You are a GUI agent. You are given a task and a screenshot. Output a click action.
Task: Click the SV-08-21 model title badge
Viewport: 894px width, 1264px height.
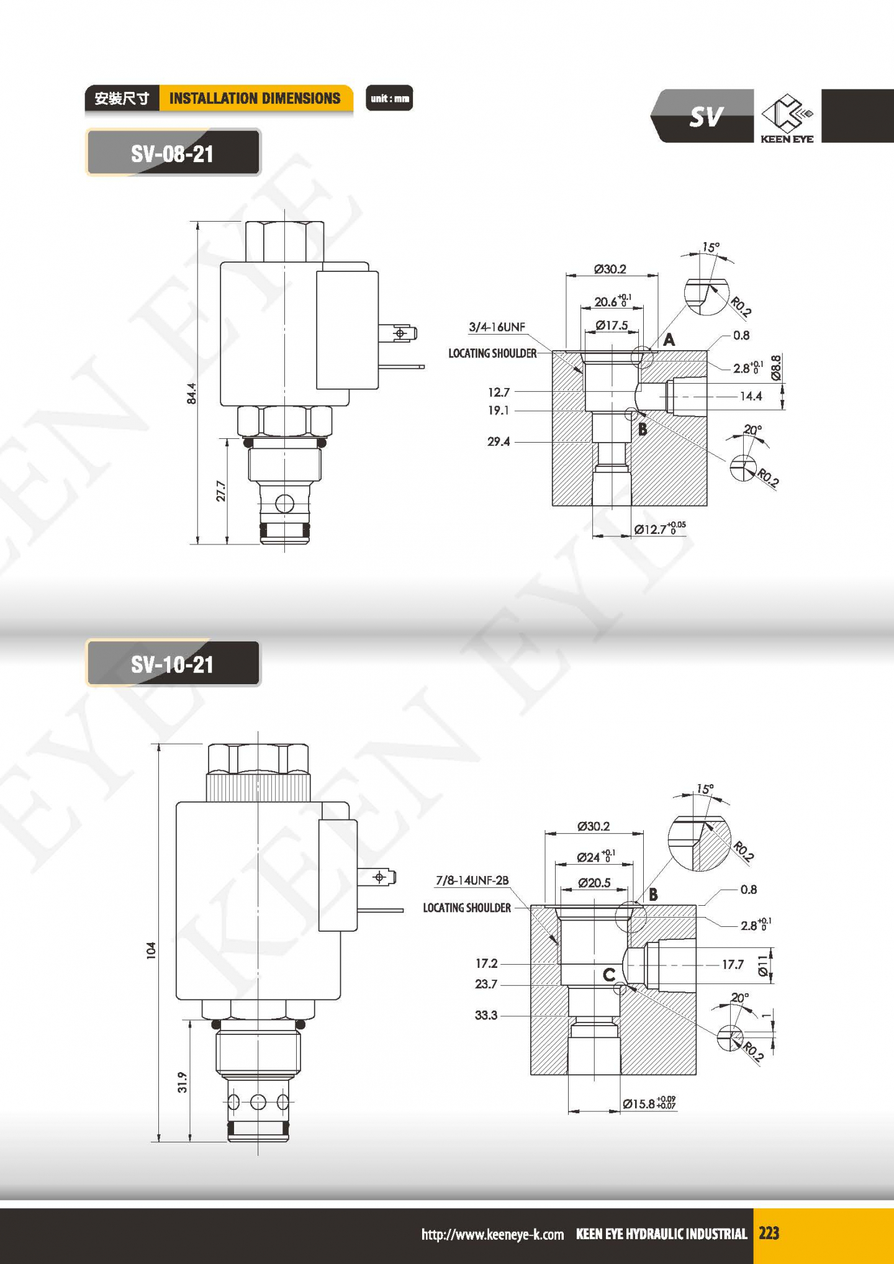173,153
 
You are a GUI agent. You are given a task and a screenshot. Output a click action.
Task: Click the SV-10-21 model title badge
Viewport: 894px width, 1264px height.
173,664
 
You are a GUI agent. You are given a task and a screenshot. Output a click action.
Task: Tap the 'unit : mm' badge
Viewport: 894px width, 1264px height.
389,98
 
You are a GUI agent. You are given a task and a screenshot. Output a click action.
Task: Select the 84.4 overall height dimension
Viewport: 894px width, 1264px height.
192,394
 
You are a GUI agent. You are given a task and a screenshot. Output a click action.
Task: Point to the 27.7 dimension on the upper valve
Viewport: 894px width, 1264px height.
221,491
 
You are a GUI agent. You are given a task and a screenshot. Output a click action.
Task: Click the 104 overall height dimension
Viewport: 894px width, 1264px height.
151,950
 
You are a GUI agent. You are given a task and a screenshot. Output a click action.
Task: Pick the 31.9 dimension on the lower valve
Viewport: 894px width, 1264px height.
183,1082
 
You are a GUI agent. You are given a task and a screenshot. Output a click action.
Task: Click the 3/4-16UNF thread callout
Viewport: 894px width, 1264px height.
497,327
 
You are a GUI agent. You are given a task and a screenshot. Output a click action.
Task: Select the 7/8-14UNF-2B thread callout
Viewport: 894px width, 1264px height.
472,880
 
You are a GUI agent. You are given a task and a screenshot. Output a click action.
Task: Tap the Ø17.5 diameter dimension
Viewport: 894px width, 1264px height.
612,325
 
